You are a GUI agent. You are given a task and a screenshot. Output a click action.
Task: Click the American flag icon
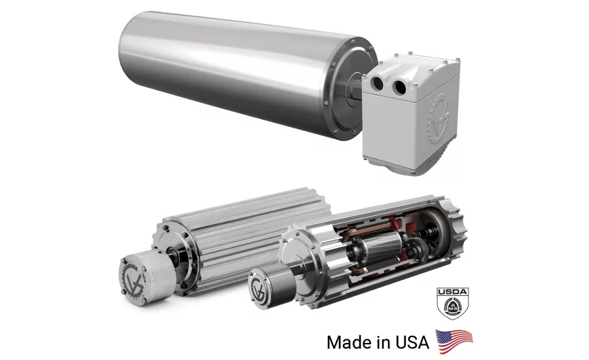tap(454, 342)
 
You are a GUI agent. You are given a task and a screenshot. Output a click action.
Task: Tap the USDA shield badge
tap(453, 303)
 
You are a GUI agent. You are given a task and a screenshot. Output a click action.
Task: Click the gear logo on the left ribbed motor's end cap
tap(133, 278)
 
